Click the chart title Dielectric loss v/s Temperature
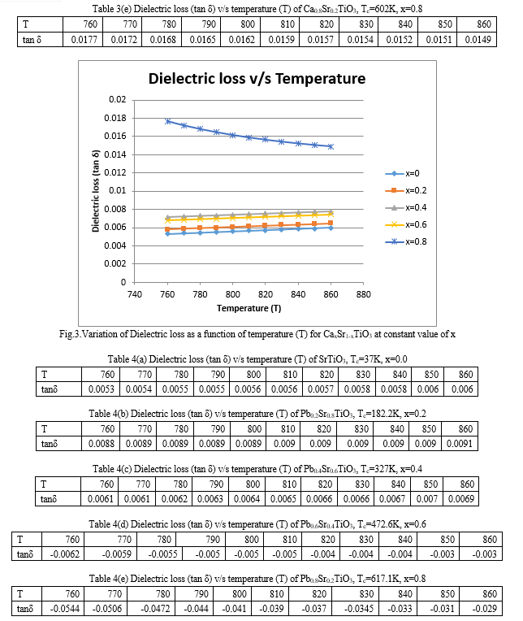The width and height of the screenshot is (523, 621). (x=257, y=78)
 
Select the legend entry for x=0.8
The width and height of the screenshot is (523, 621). (x=406, y=241)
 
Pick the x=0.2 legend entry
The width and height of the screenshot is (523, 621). (x=406, y=190)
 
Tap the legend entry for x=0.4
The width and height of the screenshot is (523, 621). (x=406, y=207)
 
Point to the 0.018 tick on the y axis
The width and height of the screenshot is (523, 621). (x=115, y=118)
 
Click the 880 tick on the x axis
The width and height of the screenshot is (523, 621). (x=363, y=294)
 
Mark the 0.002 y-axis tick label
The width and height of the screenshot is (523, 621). (x=115, y=264)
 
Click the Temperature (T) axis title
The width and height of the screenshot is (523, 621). (x=249, y=308)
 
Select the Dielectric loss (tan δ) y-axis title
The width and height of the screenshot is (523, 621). (x=95, y=191)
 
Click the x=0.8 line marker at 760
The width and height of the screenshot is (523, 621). (x=168, y=121)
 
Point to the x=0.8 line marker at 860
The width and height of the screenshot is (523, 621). (x=331, y=146)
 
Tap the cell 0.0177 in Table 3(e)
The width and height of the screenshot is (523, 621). (x=84, y=40)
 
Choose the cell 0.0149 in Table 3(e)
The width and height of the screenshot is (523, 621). (x=478, y=40)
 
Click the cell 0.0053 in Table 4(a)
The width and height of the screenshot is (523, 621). (x=102, y=389)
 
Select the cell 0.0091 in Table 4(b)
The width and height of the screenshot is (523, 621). (x=460, y=444)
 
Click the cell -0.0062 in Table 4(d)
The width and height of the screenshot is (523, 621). (x=65, y=554)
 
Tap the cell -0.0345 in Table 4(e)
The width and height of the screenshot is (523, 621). (x=358, y=609)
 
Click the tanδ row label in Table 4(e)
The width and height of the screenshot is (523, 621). (x=25, y=609)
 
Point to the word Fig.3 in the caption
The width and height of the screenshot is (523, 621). (x=70, y=334)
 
